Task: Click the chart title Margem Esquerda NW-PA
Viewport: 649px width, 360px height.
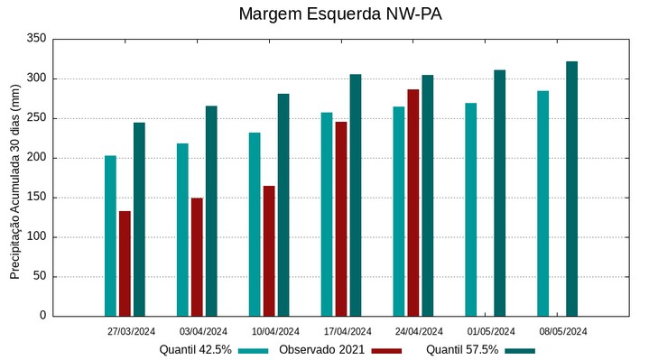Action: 340,14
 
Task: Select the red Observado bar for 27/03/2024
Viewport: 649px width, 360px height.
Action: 125,263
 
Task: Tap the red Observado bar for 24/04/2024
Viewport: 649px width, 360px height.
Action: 413,203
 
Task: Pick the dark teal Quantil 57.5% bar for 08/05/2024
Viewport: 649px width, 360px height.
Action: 571,189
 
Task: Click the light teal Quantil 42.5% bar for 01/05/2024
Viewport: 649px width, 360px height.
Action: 470,209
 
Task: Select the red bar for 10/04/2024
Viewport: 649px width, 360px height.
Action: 269,251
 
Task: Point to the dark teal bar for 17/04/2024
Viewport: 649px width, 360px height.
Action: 355,195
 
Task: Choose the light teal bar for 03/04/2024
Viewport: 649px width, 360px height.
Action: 182,229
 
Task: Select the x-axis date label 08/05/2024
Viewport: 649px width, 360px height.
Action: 563,331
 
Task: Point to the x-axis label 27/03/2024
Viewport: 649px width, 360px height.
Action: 131,331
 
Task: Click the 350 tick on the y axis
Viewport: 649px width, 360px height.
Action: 36,39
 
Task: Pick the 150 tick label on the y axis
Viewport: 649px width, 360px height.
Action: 36,198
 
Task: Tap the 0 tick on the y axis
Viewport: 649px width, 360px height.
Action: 42,316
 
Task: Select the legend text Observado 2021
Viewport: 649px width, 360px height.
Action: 320,349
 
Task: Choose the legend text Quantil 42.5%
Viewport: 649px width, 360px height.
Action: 195,349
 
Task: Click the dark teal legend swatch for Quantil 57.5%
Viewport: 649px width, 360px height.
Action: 520,350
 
